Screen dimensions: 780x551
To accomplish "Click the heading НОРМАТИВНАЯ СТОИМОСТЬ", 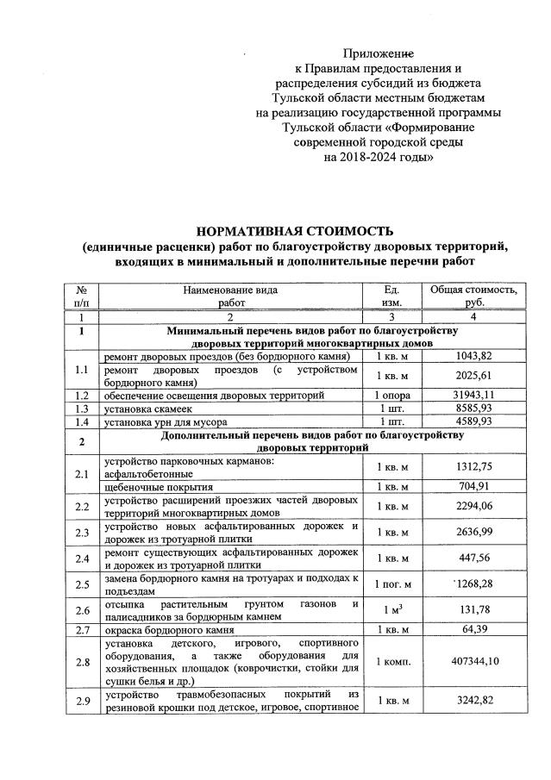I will click(x=295, y=230).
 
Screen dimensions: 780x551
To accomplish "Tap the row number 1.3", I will click(x=81, y=409).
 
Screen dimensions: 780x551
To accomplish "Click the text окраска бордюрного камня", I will click(x=169, y=630).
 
